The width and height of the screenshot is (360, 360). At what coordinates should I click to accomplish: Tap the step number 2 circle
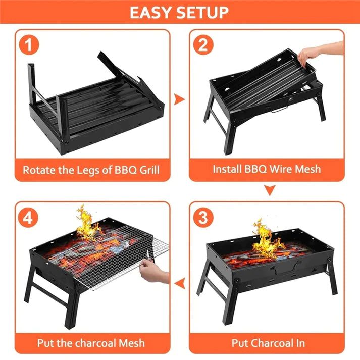(203, 46)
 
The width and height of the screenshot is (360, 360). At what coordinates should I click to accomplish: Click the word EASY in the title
(151, 12)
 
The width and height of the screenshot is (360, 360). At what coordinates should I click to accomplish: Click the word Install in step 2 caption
(229, 169)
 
